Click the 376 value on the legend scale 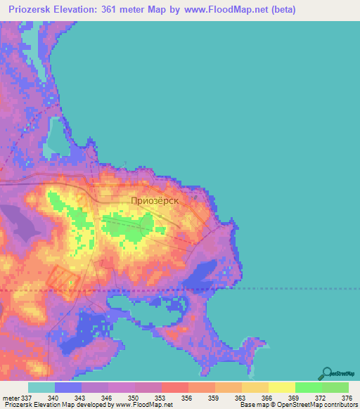(346, 398)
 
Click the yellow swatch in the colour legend (281, 388)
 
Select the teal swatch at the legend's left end (41, 388)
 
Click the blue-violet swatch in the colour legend (67, 388)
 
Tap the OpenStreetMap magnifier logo (326, 374)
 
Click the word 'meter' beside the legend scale (12, 398)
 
